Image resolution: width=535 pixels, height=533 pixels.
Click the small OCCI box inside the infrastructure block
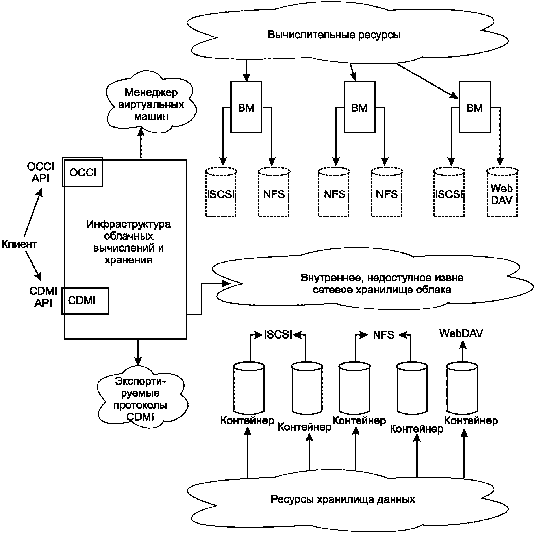83,172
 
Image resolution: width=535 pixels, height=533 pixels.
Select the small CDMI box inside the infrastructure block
85,301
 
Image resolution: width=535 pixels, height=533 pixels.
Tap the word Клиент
19,244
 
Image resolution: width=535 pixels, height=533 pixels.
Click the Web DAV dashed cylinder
502,193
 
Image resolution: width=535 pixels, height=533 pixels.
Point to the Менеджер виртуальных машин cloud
151,104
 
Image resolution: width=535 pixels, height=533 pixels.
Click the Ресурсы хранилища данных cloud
343,500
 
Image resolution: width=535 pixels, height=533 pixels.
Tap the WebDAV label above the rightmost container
461,333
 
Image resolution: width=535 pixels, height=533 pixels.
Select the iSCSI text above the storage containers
278,335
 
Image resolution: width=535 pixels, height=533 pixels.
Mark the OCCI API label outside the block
41,173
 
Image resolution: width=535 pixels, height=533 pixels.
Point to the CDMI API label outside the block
43,297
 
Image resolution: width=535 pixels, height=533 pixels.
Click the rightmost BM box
475,108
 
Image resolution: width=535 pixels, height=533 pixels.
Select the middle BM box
359,108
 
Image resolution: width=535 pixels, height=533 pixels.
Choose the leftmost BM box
246,108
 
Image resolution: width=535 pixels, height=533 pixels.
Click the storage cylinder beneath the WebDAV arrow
462,389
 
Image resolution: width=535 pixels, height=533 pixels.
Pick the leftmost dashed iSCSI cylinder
221,193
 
